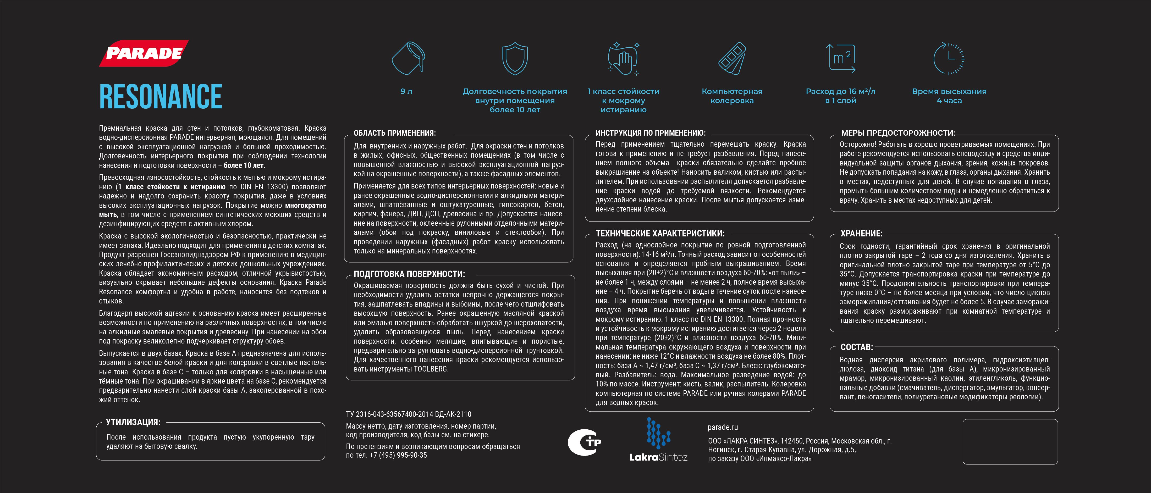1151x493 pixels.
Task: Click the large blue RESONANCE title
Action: click(161, 96)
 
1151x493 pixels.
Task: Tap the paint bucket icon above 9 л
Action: click(407, 58)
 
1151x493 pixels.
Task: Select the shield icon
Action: click(515, 58)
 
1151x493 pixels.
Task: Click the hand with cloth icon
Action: click(623, 58)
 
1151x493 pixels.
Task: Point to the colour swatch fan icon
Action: click(732, 58)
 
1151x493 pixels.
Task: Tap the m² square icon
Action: click(840, 58)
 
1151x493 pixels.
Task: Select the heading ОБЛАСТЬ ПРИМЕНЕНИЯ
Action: click(395, 133)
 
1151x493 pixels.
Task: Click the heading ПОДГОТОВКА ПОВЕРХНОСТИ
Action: click(409, 274)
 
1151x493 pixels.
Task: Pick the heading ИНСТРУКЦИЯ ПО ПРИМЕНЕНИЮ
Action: click(650, 133)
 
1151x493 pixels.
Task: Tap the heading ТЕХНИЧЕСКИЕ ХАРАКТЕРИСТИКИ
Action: click(660, 234)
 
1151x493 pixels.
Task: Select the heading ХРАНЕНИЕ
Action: click(861, 234)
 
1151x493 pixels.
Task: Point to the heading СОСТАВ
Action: click(857, 347)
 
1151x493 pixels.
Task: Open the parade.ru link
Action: click(723, 427)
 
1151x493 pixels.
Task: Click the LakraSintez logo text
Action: click(658, 457)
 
